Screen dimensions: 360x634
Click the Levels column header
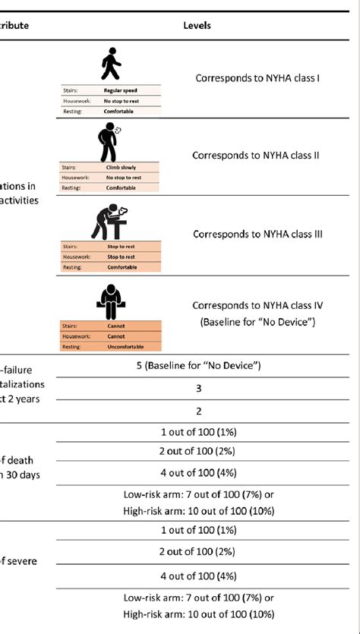[197, 25]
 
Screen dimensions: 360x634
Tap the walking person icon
[111, 65]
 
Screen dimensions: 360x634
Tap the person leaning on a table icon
[111, 219]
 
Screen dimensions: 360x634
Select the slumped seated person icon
[112, 298]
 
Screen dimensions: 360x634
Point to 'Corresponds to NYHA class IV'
[258, 305]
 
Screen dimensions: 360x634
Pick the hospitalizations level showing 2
[197, 411]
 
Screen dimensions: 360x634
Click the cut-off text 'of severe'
[18, 562]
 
